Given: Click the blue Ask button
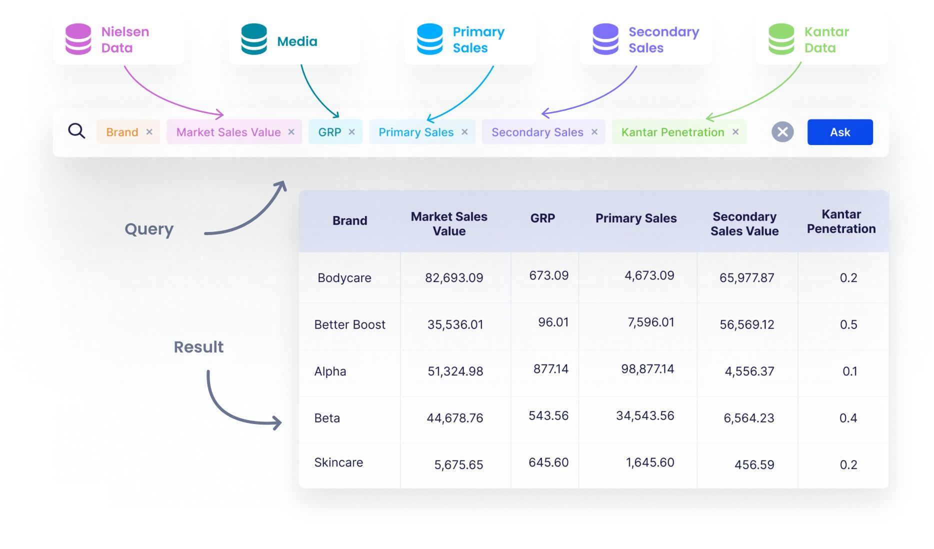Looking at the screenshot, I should click(839, 132).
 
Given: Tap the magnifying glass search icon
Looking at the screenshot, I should click(76, 131).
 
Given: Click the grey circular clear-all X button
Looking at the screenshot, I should click(782, 132).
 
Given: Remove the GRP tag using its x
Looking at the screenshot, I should click(352, 132).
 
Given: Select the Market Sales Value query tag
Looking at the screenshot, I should click(228, 132).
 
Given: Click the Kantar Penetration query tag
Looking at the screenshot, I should click(672, 132).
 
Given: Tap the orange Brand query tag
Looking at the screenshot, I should click(122, 132).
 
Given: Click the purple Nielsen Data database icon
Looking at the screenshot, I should click(78, 39).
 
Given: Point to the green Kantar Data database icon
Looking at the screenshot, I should click(781, 39).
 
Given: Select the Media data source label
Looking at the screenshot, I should click(297, 41).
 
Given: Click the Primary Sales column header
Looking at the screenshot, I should click(635, 218).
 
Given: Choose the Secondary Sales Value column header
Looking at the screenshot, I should click(744, 223).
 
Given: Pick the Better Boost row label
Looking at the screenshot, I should click(349, 324).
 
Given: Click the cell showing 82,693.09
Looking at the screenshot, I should click(454, 277).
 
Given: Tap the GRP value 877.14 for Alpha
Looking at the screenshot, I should click(550, 369).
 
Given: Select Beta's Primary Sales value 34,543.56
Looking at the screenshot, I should click(644, 415).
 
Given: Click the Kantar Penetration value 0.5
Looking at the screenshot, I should click(848, 324).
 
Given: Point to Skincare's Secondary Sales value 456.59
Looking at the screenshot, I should click(753, 464).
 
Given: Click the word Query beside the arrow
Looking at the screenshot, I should click(149, 229).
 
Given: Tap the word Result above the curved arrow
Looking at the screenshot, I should click(198, 347).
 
